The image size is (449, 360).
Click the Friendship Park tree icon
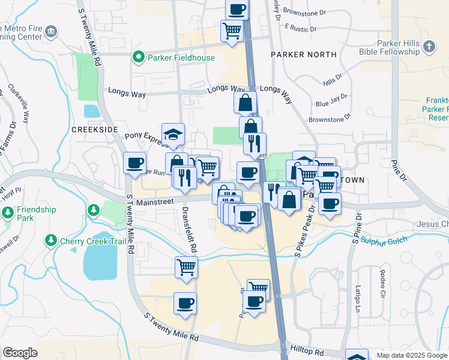(8, 213)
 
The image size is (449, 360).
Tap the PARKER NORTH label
(303, 55)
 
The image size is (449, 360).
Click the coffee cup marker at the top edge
(237, 9)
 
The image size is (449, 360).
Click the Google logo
(20, 353)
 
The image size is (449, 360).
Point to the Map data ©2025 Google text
(412, 355)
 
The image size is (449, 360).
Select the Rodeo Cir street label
(382, 278)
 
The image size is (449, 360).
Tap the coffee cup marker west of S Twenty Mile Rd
(134, 163)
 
